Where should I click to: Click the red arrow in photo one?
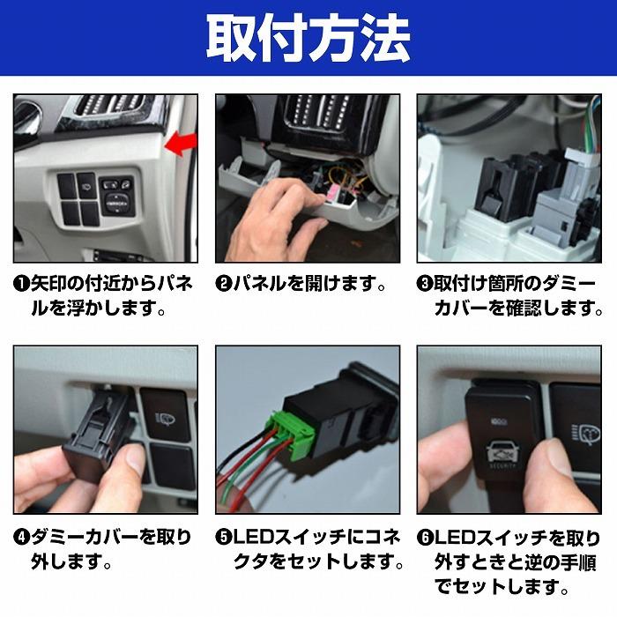pyautogui.click(x=181, y=142)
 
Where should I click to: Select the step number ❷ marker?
pyautogui.click(x=224, y=286)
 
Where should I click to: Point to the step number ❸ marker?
pyautogui.click(x=425, y=286)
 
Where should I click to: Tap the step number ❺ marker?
pyautogui.click(x=224, y=537)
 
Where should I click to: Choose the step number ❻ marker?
pyautogui.click(x=425, y=537)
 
